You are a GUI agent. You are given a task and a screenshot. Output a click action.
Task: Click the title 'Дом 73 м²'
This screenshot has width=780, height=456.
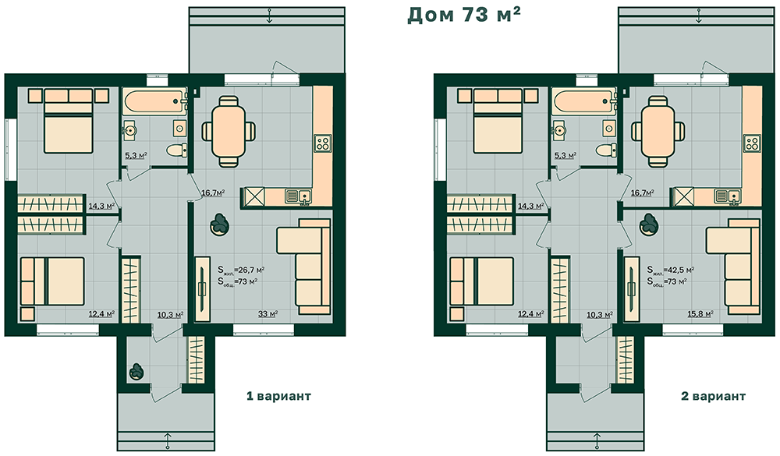463,15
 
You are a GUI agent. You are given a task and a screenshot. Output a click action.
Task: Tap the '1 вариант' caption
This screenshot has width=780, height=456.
278,396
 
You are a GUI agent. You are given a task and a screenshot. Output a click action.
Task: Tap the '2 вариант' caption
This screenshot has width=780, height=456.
714,396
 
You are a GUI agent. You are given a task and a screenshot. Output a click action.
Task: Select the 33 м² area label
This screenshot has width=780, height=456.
268,314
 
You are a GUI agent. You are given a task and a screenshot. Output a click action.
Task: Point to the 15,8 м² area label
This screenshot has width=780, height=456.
700,314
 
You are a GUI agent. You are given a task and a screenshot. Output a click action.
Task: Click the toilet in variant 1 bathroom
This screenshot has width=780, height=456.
176,150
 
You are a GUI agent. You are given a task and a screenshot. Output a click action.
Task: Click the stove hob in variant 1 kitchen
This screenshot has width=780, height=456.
322,143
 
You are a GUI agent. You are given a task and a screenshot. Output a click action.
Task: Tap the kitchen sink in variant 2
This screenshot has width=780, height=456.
727,196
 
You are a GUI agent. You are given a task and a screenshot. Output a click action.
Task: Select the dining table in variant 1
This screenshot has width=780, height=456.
229,131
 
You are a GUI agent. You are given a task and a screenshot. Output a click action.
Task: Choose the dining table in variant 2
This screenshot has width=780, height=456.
658,131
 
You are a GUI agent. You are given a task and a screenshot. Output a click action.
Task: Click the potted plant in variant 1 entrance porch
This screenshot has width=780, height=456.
136,372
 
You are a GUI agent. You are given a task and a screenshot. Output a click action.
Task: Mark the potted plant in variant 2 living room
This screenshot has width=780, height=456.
649,224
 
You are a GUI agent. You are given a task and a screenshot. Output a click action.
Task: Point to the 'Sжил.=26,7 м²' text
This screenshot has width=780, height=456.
241,270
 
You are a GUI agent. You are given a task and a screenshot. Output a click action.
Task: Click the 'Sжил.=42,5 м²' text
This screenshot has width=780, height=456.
671,270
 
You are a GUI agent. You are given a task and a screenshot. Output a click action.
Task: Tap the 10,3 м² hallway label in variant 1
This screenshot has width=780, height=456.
170,314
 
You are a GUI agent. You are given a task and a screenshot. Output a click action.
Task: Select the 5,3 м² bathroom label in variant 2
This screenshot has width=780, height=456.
565,156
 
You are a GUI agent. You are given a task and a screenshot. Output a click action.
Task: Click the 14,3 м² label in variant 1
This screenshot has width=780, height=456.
101,205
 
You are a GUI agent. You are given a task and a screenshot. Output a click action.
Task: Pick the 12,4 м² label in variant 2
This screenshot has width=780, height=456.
530,314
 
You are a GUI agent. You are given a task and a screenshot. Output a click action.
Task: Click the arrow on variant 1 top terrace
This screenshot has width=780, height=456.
269,16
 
